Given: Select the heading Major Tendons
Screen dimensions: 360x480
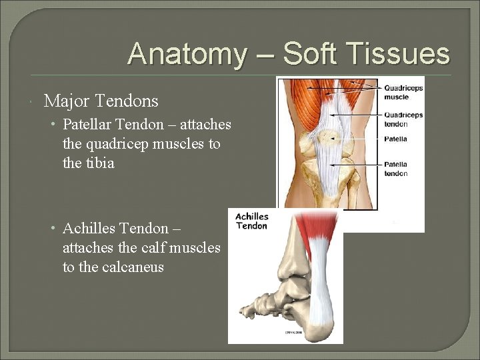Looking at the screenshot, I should (x=101, y=101).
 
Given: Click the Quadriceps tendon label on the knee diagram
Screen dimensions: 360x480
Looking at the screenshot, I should (x=403, y=119).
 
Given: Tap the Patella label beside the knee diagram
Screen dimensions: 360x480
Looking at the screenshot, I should (x=395, y=139).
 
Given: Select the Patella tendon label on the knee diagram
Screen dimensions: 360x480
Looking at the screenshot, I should (x=396, y=169).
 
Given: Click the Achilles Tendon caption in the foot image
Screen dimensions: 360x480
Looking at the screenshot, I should (x=252, y=221).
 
